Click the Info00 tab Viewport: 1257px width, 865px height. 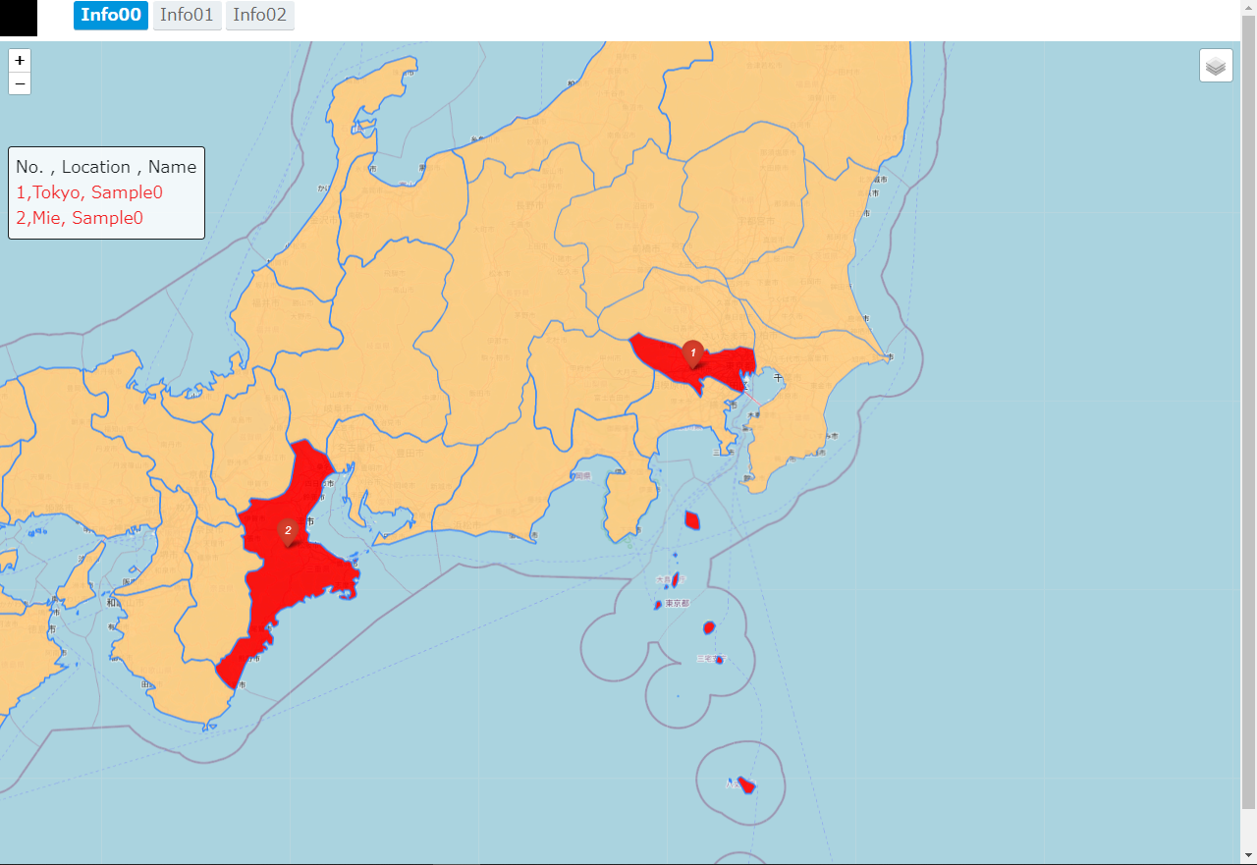click(111, 15)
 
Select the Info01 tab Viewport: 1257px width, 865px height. click(188, 15)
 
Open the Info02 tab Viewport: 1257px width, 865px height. click(259, 15)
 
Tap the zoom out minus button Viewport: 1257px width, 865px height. click(20, 83)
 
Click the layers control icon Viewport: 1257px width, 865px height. click(1216, 66)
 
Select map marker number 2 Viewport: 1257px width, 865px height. click(288, 532)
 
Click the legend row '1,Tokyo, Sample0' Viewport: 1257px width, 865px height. click(89, 192)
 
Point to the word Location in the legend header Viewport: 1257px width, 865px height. click(95, 167)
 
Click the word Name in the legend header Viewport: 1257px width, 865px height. click(172, 167)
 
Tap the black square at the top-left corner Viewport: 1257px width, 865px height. click(18, 18)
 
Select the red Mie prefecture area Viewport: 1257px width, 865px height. click(295, 579)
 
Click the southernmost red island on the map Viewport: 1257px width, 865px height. click(746, 785)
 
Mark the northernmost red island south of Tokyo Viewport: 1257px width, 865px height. click(692, 520)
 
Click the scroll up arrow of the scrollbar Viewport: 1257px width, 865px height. click(1248, 7)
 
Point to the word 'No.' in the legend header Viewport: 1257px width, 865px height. click(28, 167)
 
